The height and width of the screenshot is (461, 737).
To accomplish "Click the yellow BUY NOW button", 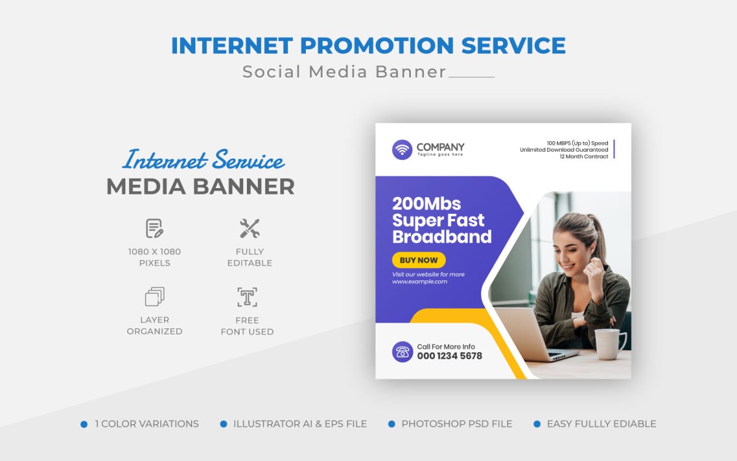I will coord(419,260).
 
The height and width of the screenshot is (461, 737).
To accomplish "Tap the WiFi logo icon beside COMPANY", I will coord(402,149).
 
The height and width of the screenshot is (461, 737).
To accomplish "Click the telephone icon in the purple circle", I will coord(402,352).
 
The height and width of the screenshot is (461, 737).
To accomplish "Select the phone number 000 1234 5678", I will coord(450,356).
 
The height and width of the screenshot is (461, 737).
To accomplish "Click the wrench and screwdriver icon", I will coord(249,229).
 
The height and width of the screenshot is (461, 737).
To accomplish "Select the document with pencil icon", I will coord(154,229).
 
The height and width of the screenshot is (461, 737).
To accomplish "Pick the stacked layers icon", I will coord(154,297).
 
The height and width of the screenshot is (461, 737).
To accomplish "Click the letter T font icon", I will coord(247,297).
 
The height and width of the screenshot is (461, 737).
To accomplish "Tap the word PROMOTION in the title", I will coord(368,46).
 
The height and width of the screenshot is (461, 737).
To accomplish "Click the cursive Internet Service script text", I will coord(203,160).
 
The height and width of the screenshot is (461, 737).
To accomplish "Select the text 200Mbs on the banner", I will coord(426,203).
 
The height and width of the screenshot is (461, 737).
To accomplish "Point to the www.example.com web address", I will coord(420,282).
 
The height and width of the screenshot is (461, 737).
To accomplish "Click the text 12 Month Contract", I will coord(583,157).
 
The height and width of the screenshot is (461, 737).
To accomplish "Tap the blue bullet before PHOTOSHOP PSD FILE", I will coord(391,424).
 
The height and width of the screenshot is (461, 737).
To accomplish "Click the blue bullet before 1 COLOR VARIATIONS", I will coord(84,424).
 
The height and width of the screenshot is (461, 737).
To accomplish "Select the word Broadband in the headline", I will coord(442,237).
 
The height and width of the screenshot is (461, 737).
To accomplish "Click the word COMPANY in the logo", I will coord(440,147).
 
